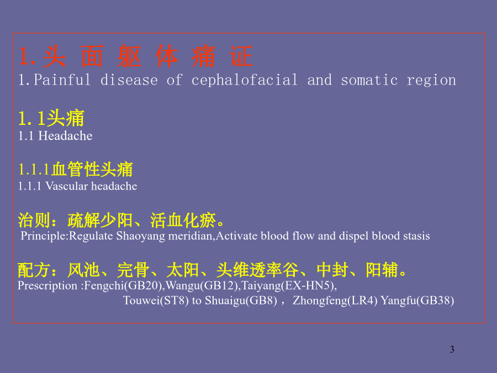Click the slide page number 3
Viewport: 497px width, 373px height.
click(452, 349)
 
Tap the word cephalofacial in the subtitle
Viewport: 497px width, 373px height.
click(245, 80)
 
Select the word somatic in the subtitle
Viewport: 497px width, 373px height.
click(369, 80)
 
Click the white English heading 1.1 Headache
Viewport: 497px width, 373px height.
click(55, 136)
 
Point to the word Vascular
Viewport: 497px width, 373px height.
click(67, 186)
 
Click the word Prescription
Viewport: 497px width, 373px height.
click(47, 286)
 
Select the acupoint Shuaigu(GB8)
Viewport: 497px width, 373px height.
click(241, 301)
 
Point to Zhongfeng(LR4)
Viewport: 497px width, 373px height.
click(335, 301)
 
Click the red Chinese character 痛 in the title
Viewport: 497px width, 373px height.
click(203, 56)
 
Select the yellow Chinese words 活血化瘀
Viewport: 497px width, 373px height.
click(183, 220)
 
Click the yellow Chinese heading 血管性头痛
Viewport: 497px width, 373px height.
click(92, 169)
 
